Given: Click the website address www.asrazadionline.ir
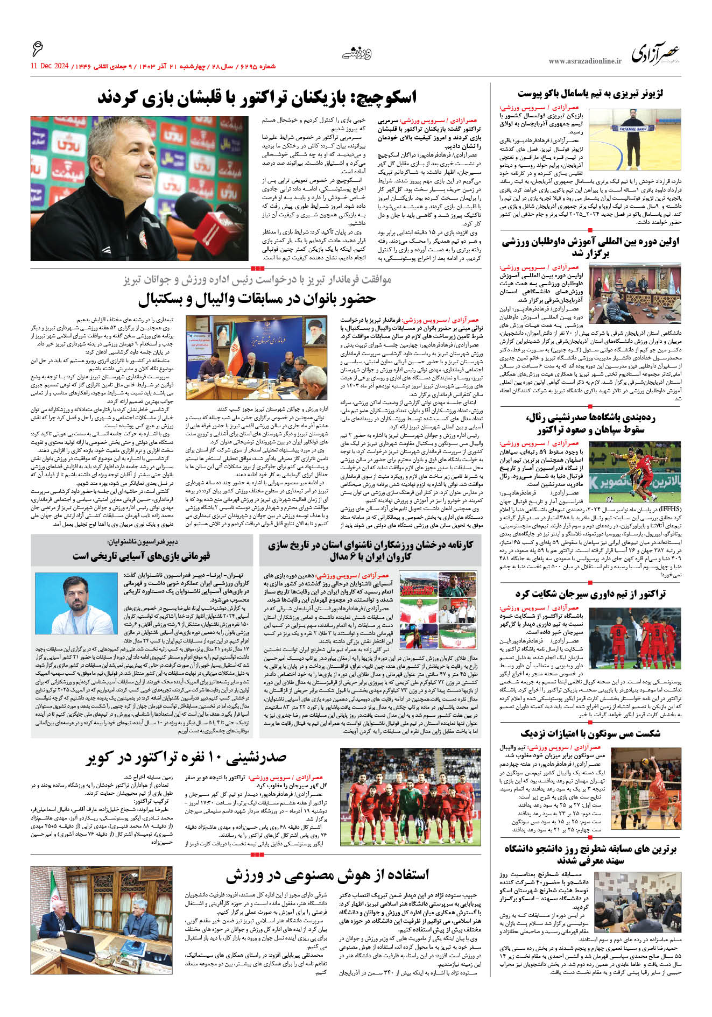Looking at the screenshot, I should (585, 61).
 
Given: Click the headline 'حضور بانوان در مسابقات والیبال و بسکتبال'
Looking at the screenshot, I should (257, 299).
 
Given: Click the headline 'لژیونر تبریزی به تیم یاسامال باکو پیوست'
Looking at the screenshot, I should (590, 94).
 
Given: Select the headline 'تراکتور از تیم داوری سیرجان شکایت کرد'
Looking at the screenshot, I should (590, 594).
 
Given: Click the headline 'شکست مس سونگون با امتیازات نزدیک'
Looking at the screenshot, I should (590, 733).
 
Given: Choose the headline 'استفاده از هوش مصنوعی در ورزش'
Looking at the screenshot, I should (327, 875).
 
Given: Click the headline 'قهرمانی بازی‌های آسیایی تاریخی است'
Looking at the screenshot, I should (142, 555).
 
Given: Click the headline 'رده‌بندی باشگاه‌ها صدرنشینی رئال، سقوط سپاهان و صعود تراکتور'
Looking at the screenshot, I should (590, 423).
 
